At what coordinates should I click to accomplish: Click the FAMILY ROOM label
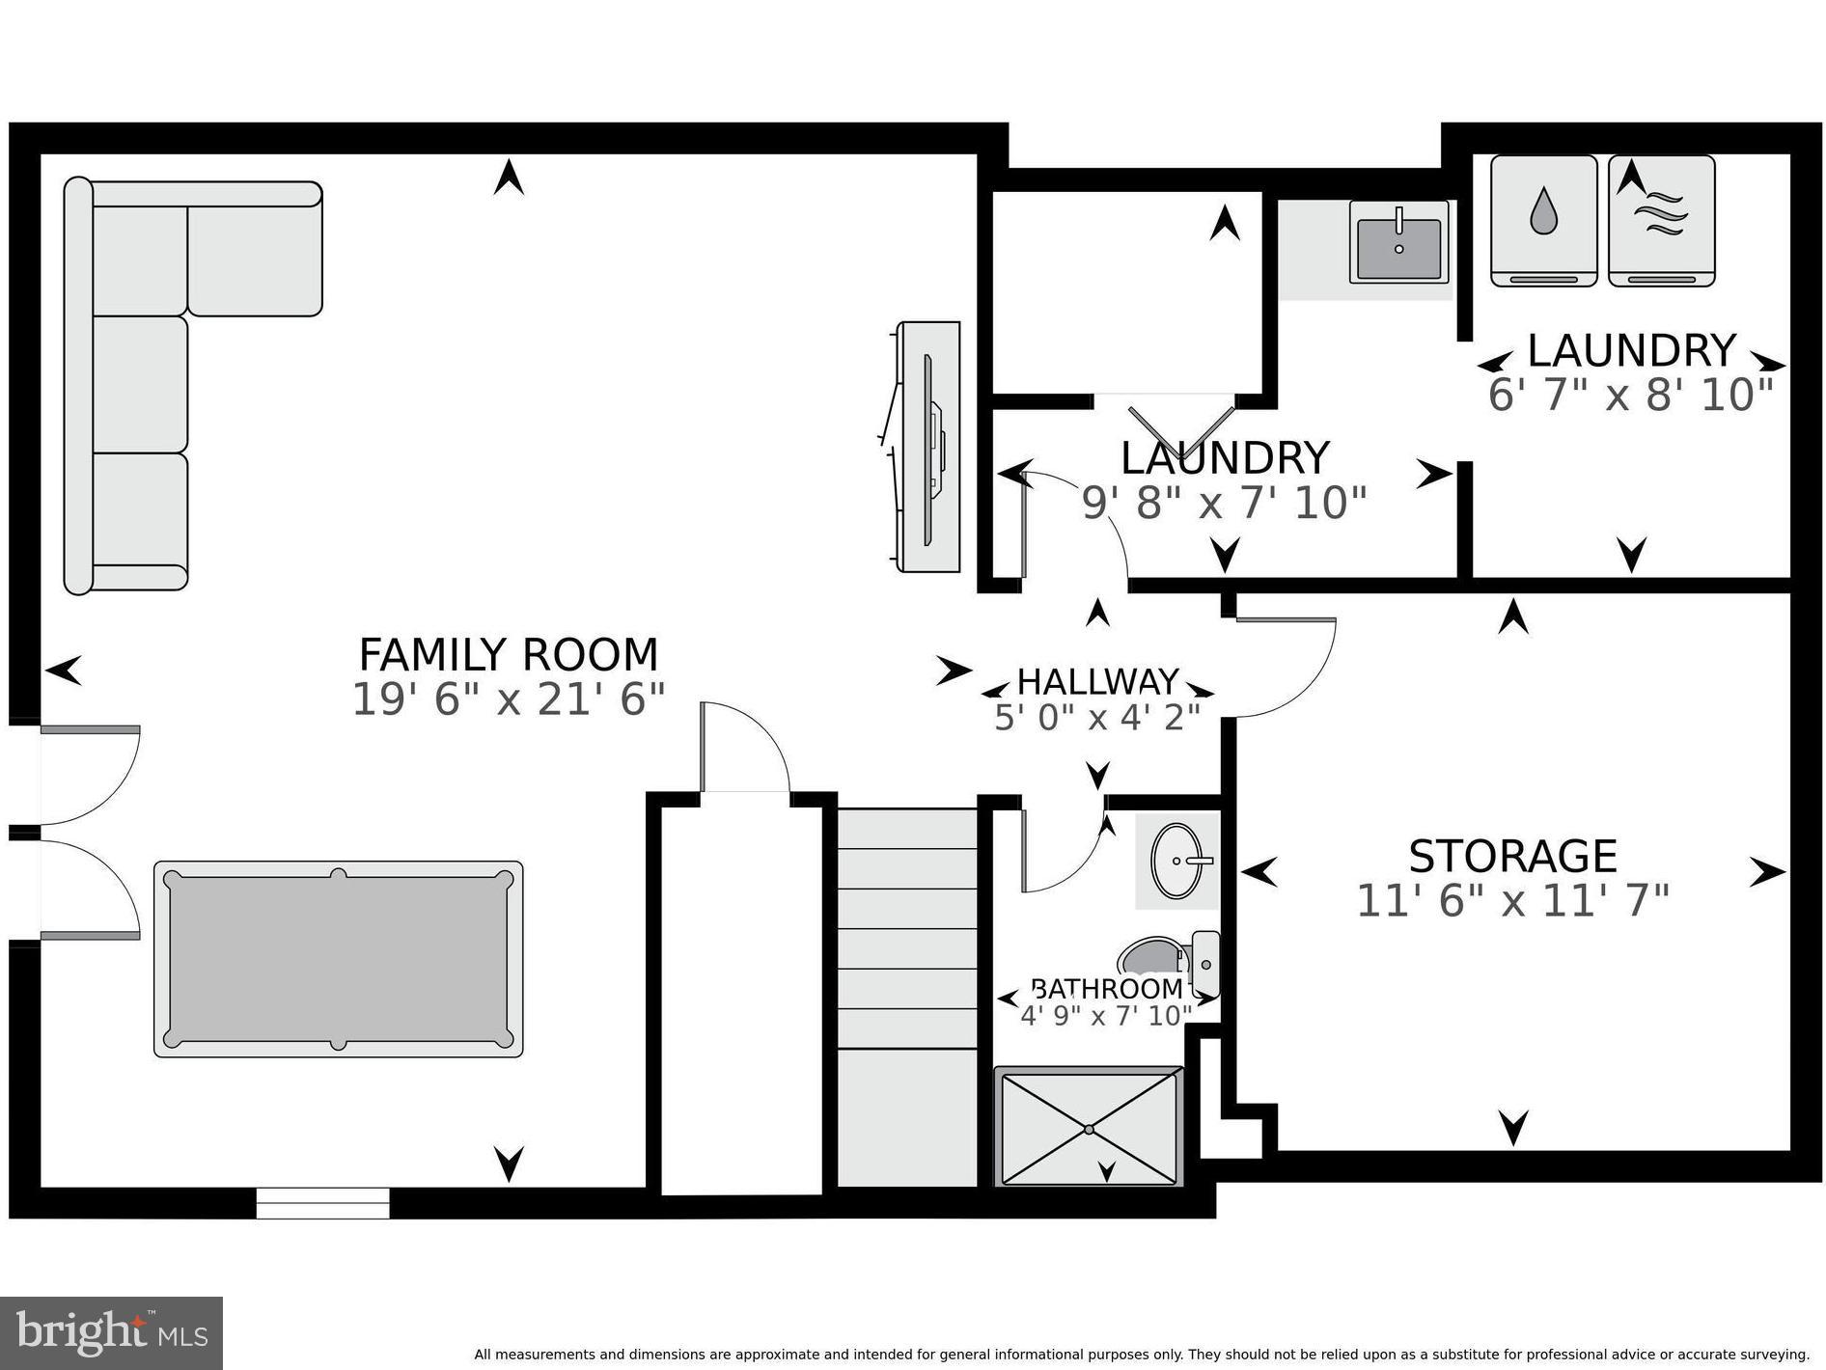(x=508, y=655)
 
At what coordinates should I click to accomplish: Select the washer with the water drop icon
(x=1543, y=221)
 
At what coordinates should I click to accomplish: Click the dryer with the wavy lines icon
(x=1661, y=221)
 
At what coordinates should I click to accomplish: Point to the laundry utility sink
(x=1398, y=242)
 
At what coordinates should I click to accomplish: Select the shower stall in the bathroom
(x=1089, y=1127)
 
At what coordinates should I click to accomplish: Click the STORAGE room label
(x=1511, y=856)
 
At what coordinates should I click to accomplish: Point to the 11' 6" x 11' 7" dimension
(x=1511, y=902)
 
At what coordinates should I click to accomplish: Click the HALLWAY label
(x=1097, y=682)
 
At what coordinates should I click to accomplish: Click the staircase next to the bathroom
(x=906, y=994)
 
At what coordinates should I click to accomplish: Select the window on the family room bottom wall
(x=322, y=1203)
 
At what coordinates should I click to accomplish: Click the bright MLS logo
(x=111, y=1333)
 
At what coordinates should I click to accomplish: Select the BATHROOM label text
(x=1106, y=989)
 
